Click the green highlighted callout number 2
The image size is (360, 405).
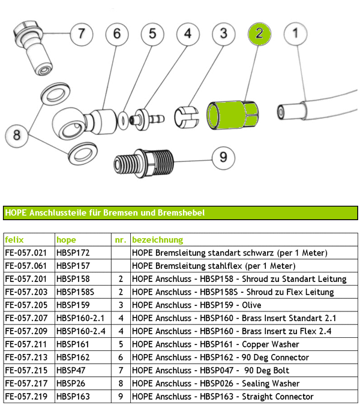pyautogui.click(x=259, y=34)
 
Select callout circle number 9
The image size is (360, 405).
pyautogui.click(x=223, y=158)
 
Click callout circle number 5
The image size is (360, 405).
pyautogui.click(x=152, y=34)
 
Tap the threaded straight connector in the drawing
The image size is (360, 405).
pyautogui.click(x=144, y=162)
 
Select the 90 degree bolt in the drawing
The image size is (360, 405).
pyautogui.click(x=34, y=50)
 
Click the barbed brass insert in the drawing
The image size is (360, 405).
pyautogui.click(x=148, y=117)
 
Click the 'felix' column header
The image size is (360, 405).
pyautogui.click(x=14, y=240)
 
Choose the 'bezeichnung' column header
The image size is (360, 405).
pyautogui.click(x=157, y=240)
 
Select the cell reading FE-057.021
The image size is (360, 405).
pyautogui.click(x=25, y=253)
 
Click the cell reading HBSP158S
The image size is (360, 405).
pyautogui.click(x=76, y=292)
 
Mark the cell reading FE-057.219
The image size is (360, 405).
pyautogui.click(x=25, y=396)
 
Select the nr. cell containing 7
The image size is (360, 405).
pyautogui.click(x=121, y=370)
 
